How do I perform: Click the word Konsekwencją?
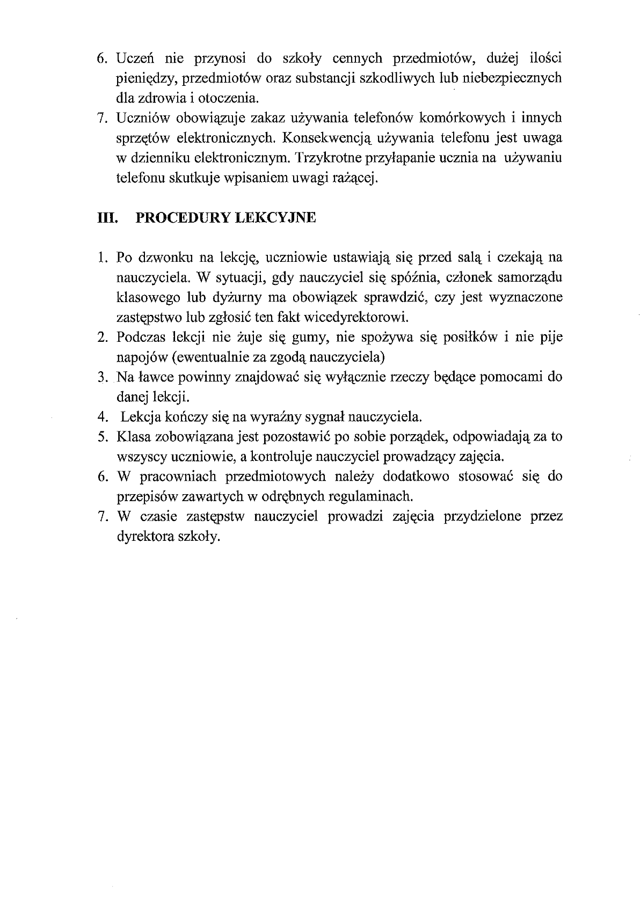click(327, 138)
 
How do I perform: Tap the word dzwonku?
click(163, 258)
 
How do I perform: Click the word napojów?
click(136, 357)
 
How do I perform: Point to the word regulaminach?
click(371, 496)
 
